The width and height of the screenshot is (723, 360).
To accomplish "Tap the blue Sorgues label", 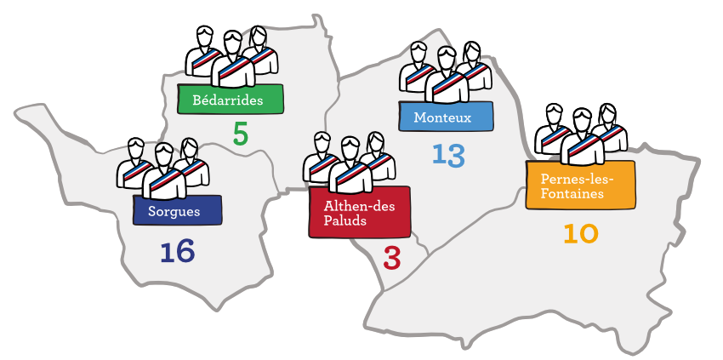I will pyautogui.click(x=177, y=210).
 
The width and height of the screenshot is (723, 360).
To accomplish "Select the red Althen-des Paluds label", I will pyautogui.click(x=359, y=212).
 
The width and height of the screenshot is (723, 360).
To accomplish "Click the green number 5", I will pyautogui.click(x=241, y=134).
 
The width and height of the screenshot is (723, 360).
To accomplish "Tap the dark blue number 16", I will pyautogui.click(x=177, y=251).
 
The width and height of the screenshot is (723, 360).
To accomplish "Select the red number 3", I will pyautogui.click(x=391, y=258).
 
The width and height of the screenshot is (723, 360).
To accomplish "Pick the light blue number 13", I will pyautogui.click(x=448, y=155).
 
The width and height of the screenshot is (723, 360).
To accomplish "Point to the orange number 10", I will pyautogui.click(x=580, y=233).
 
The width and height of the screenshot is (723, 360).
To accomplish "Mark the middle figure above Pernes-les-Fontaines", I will pyautogui.click(x=582, y=137).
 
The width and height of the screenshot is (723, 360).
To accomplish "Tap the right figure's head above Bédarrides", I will pyautogui.click(x=258, y=36).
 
